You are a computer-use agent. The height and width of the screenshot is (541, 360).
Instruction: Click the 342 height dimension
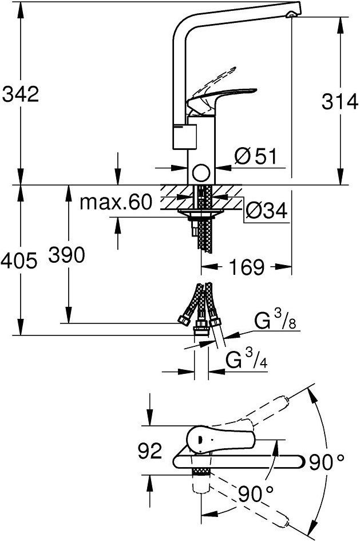click(21, 94)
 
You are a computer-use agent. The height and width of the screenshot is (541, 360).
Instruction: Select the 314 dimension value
click(339, 102)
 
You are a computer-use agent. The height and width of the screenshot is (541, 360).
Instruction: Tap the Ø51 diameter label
click(255, 156)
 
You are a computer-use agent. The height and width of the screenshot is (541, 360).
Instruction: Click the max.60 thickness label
click(116, 202)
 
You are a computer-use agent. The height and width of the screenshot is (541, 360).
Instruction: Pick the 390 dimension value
click(66, 255)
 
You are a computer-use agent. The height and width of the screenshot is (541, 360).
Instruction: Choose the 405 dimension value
click(19, 260)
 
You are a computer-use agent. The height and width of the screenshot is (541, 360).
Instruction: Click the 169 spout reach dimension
click(247, 267)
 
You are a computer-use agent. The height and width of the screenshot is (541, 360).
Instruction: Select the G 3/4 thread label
click(246, 359)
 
